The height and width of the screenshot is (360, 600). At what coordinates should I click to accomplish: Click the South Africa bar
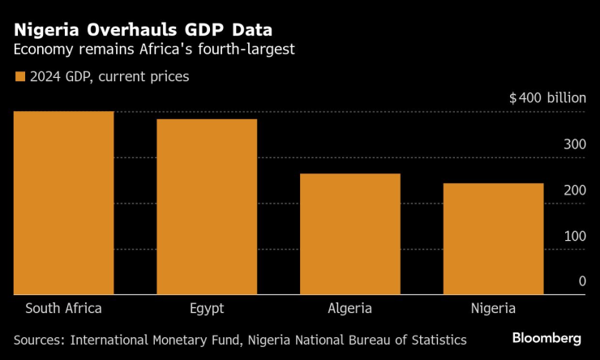click(63, 203)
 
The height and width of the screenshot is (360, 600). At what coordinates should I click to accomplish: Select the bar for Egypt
click(207, 207)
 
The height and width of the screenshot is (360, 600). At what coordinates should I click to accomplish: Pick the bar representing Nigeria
click(493, 238)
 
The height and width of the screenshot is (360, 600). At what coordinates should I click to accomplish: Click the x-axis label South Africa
click(63, 309)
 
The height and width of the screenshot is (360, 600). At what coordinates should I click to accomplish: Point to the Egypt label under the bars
click(207, 309)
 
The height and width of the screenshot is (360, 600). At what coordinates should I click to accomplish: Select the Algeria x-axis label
click(350, 309)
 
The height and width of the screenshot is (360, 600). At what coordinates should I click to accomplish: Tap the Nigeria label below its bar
click(493, 309)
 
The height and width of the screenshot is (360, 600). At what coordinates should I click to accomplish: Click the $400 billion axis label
click(547, 98)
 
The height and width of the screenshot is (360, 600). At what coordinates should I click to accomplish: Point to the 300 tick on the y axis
click(575, 144)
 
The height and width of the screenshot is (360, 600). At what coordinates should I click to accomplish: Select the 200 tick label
click(575, 191)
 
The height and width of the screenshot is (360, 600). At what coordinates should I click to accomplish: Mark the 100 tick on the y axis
click(575, 236)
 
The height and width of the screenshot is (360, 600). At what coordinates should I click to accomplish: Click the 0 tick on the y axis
click(582, 281)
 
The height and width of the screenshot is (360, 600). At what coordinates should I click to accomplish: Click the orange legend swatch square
click(19, 77)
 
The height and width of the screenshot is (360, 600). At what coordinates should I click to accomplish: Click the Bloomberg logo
click(546, 337)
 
